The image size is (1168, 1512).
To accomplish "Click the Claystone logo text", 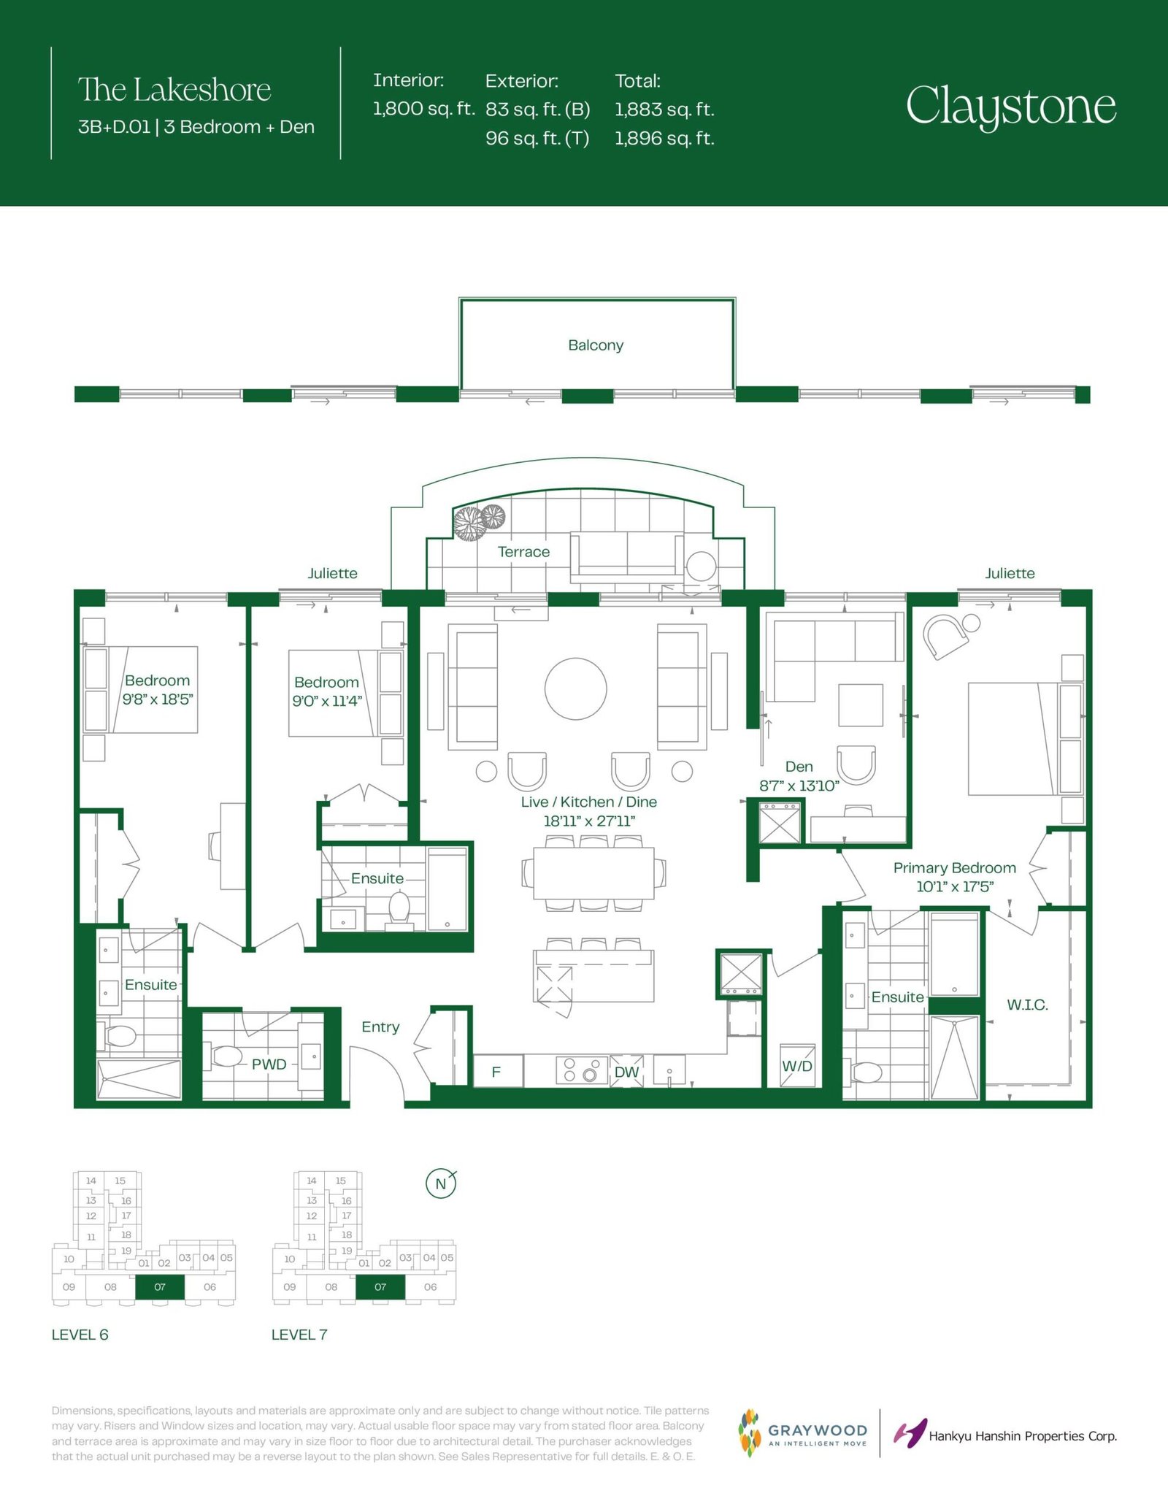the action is click(1011, 107).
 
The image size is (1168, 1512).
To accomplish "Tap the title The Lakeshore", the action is click(174, 90).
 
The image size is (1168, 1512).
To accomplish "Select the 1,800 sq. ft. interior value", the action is click(423, 109).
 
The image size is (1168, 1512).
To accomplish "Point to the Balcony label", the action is click(596, 345).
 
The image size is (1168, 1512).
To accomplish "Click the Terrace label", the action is click(523, 552).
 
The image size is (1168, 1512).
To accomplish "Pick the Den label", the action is click(799, 767).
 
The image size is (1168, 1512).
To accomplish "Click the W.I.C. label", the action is click(1027, 1005).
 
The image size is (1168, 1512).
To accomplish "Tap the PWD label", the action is click(269, 1064).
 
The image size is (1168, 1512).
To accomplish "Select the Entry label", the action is click(380, 1027).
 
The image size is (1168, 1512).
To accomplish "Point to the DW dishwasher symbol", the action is click(626, 1071).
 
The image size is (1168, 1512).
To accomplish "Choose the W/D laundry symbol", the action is click(797, 1065).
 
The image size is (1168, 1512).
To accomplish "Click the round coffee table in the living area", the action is click(576, 689).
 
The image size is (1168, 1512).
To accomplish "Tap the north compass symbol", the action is click(441, 1183).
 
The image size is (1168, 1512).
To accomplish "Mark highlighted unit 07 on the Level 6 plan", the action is click(160, 1287).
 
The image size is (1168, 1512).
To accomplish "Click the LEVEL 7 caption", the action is click(299, 1335).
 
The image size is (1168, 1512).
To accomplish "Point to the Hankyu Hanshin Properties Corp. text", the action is click(1023, 1436).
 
